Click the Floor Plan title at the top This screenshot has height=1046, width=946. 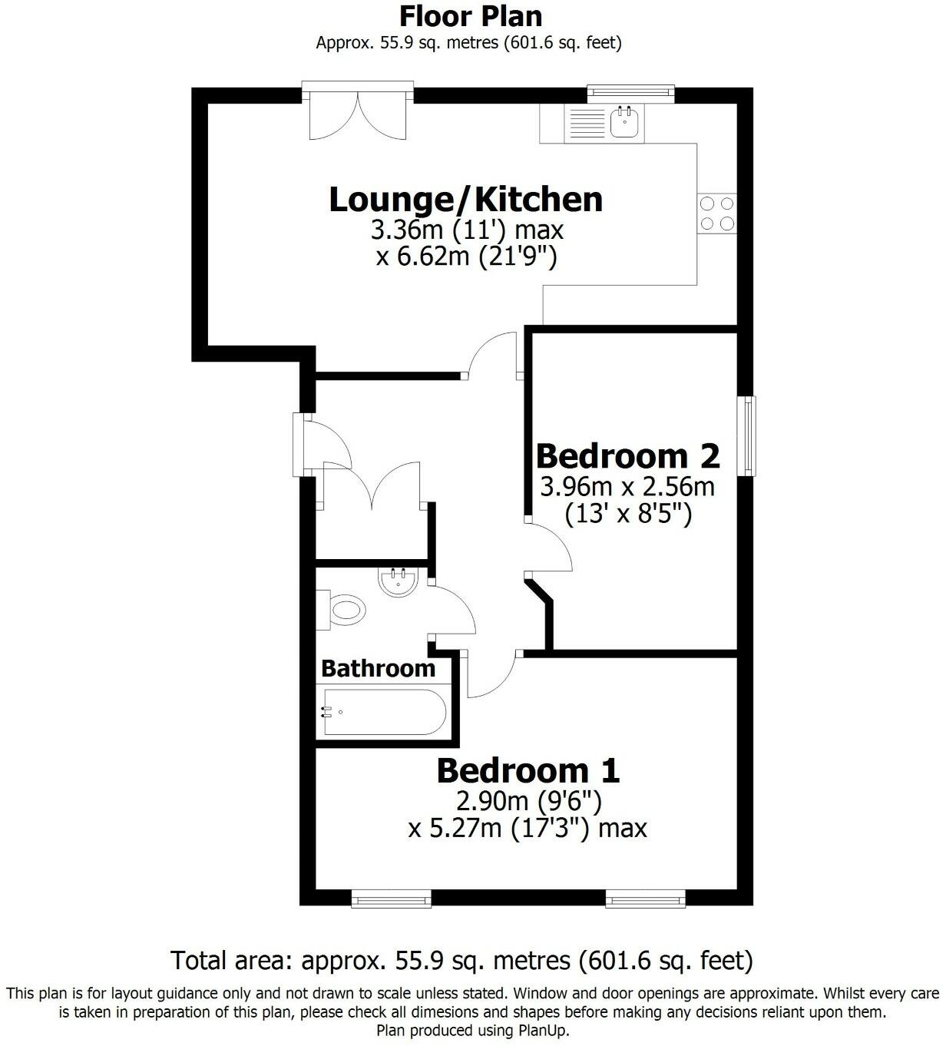[471, 15]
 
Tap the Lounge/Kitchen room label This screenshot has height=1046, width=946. [465, 200]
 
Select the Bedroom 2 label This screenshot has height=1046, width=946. [627, 455]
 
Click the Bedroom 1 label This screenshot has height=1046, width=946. [528, 770]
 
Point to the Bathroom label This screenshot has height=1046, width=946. [378, 669]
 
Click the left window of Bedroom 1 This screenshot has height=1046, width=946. [391, 898]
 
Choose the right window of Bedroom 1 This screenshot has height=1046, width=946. [645, 898]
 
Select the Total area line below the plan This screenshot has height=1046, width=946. [461, 960]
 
